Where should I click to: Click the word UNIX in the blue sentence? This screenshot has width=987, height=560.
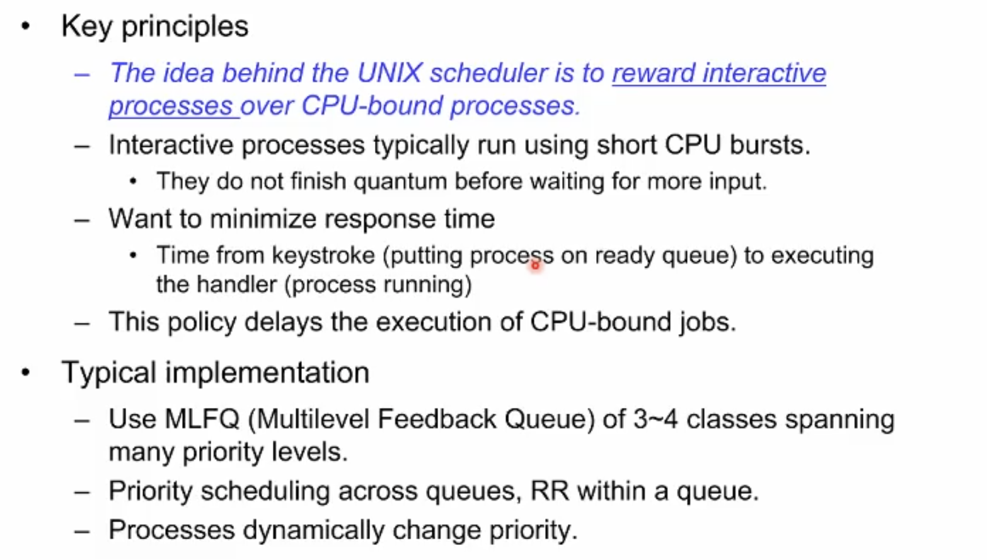click(390, 73)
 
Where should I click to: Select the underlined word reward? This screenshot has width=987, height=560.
click(654, 73)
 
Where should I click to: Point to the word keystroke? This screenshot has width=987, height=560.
click(323, 255)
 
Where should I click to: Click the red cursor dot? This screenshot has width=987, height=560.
click(535, 265)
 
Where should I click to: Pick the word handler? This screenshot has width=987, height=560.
click(236, 284)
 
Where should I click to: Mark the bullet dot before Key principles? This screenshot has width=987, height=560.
click(26, 26)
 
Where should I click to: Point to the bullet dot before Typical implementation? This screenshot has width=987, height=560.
click(26, 373)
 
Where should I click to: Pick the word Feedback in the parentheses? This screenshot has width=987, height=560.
click(437, 419)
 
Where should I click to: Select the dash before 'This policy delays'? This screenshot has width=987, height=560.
click(83, 324)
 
